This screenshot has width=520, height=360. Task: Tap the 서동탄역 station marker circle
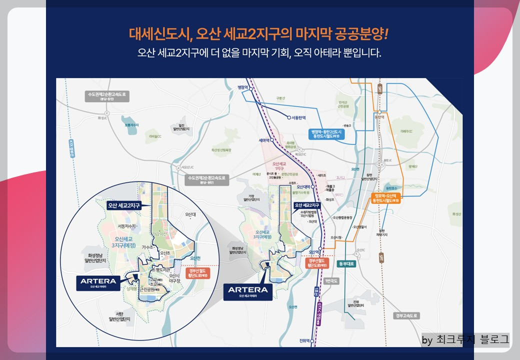point(288,118)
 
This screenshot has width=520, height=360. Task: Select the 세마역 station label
point(264,140)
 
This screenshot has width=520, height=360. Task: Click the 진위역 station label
point(304,340)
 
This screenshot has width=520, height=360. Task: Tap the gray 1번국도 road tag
point(331,281)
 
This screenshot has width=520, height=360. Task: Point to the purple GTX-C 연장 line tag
point(318,315)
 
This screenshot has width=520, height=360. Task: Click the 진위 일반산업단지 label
point(356,304)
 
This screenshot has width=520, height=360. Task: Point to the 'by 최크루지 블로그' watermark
point(465,340)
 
